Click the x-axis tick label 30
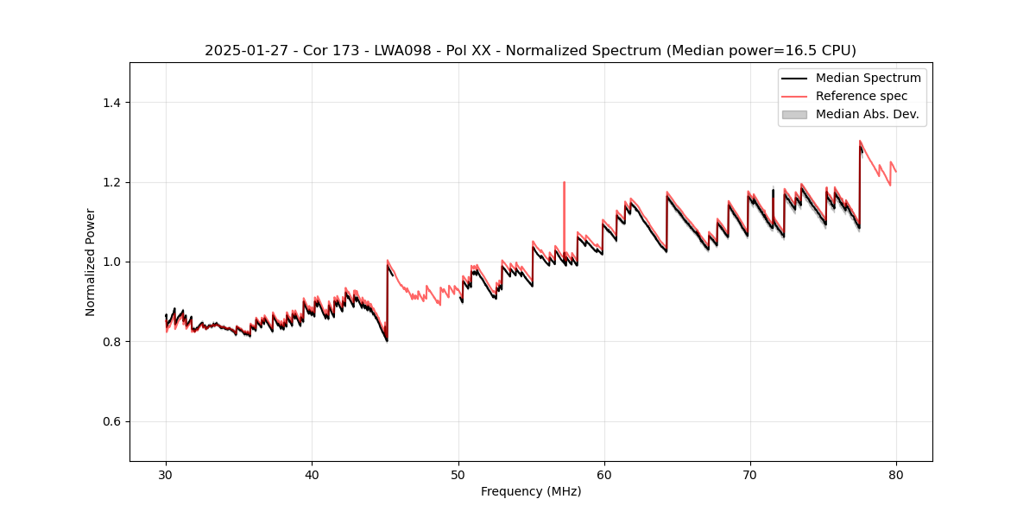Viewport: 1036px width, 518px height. click(166, 474)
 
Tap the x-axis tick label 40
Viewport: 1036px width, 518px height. click(312, 474)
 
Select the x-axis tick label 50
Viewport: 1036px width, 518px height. click(458, 474)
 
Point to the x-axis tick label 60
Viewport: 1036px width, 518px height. click(603, 474)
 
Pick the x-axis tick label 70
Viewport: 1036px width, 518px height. click(749, 474)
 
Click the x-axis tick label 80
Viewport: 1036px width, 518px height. click(895, 474)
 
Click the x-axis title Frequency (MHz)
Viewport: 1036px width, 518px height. click(531, 491)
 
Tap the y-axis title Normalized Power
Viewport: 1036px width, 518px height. click(91, 262)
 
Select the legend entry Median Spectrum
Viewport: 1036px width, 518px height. click(868, 78)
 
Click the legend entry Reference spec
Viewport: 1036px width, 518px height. click(862, 96)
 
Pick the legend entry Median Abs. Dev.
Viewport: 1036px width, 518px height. click(867, 114)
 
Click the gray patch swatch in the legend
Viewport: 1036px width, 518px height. click(794, 114)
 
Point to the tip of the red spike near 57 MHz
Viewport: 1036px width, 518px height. click(564, 182)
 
